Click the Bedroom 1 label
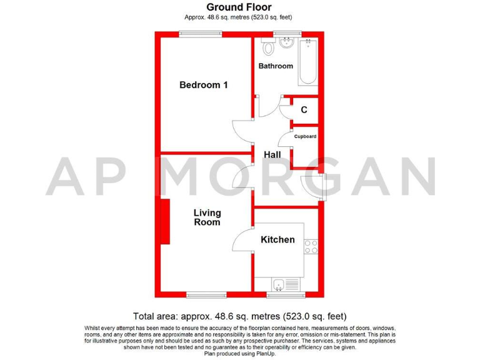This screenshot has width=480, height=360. pyautogui.click(x=203, y=85)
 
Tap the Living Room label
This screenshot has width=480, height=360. pyautogui.click(x=207, y=217)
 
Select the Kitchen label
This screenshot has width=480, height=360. pyautogui.click(x=277, y=239)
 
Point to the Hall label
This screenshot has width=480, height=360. pyautogui.click(x=272, y=154)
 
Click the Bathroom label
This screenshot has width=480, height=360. pyautogui.click(x=276, y=66)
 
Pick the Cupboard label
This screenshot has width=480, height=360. pyautogui.click(x=306, y=136)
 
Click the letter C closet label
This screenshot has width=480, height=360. pyautogui.click(x=304, y=110)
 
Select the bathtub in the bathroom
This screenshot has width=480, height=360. pyautogui.click(x=308, y=62)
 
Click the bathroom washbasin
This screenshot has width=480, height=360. pyautogui.click(x=287, y=42)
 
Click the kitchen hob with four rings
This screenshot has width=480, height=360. pyautogui.click(x=311, y=246)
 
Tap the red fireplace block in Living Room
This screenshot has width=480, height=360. pyautogui.click(x=166, y=221)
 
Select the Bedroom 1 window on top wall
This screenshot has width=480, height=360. pyautogui.click(x=201, y=34)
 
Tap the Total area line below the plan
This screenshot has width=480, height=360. pyautogui.click(x=239, y=316)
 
